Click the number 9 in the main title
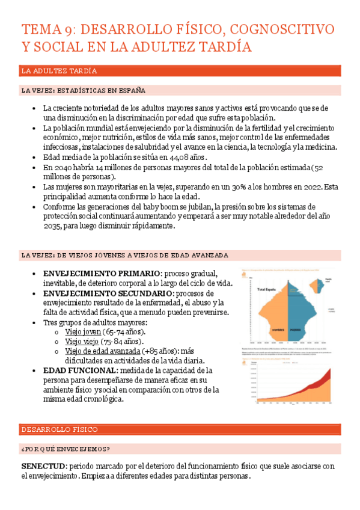tap(69, 29)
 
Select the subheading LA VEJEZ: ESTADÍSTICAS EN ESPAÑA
tap(84, 90)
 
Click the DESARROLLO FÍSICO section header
tap(59, 429)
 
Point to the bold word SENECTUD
tap(44, 466)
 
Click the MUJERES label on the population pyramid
tap(296, 330)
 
